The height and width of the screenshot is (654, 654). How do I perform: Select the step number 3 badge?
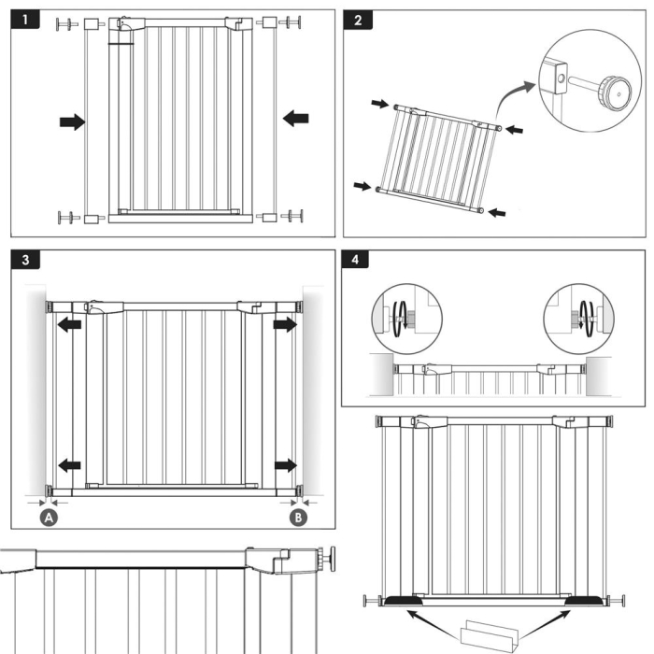(26, 261)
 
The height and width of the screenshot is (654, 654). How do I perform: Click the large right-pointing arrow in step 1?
(71, 121)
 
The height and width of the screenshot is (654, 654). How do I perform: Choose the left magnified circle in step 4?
(398, 315)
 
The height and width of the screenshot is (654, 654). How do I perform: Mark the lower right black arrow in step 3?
(284, 464)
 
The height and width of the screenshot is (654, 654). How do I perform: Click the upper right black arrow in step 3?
(284, 325)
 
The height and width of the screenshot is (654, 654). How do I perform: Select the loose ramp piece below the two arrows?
(488, 634)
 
